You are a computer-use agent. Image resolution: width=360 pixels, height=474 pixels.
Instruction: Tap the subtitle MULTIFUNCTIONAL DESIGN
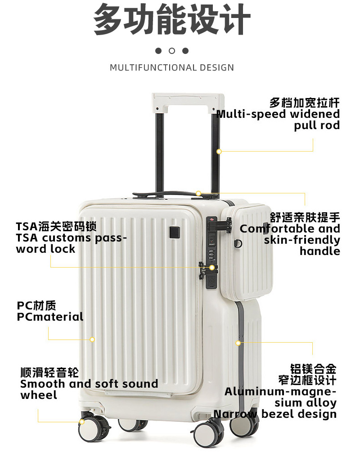tap(172, 68)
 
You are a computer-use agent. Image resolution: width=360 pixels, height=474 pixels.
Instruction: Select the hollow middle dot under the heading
tap(172, 51)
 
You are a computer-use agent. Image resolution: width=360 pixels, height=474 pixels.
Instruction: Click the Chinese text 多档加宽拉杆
tap(304, 103)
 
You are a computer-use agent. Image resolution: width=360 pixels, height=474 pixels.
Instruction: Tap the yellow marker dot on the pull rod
tap(219, 152)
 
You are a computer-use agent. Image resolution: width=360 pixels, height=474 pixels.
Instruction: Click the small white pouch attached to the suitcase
tap(246, 251)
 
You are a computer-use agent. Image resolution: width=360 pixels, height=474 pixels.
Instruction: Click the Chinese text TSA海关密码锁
tap(56, 226)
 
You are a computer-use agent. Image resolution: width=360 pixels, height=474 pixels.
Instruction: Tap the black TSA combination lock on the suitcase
tap(211, 252)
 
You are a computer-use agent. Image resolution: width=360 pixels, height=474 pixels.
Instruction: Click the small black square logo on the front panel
tap(175, 233)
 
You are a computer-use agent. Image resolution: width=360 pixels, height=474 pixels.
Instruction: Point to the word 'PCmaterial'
tap(50, 317)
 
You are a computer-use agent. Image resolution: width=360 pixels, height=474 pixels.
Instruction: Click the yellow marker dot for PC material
tap(92, 340)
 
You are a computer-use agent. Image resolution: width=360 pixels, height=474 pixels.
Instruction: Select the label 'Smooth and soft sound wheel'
tap(89, 389)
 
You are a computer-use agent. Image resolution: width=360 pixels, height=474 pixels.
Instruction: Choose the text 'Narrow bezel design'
tap(275, 414)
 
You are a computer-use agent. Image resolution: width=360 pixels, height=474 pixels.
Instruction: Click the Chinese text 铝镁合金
tap(313, 369)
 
